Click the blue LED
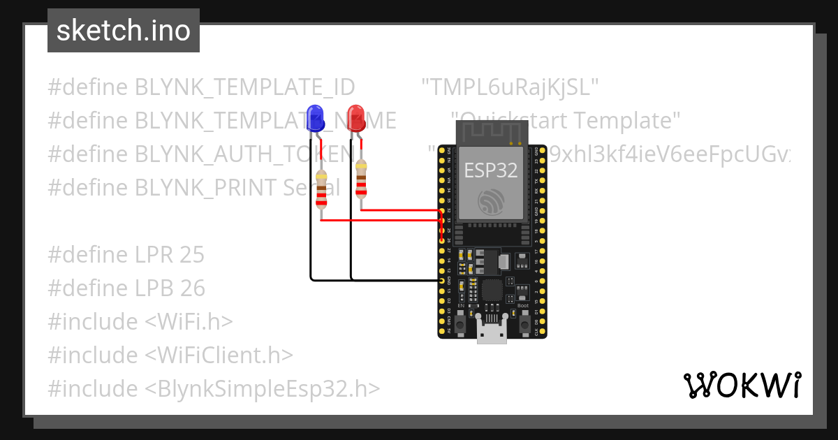click(315, 118)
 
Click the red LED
click(356, 118)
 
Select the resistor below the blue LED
click(321, 189)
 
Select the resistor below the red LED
click(360, 179)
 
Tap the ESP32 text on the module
click(492, 170)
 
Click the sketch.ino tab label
click(124, 31)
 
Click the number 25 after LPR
click(191, 255)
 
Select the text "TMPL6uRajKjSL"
click(510, 87)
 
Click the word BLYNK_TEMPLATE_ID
click(244, 87)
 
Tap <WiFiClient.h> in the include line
click(219, 355)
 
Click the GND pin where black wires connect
click(441, 280)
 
